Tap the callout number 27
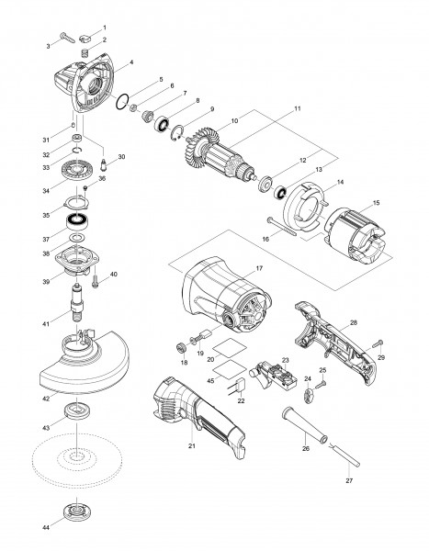click(349, 480)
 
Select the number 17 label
click(259, 268)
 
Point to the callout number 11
click(298, 108)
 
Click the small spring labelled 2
click(85, 53)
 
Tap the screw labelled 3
click(67, 38)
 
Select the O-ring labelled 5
click(122, 102)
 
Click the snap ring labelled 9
click(177, 133)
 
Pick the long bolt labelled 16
click(282, 227)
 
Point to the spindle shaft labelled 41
click(77, 301)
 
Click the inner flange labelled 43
click(76, 410)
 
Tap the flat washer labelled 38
click(77, 238)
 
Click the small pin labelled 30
click(104, 164)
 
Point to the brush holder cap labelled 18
click(182, 349)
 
